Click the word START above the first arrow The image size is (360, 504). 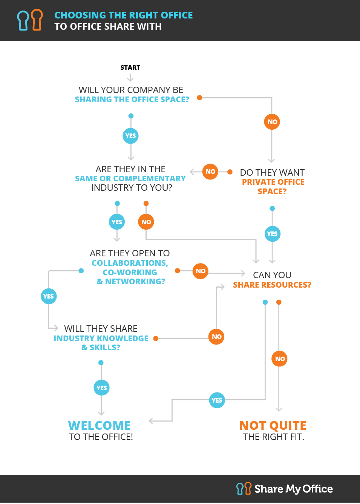(x=130, y=68)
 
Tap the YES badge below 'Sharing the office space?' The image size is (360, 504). (x=130, y=136)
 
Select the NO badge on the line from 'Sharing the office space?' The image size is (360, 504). (x=272, y=122)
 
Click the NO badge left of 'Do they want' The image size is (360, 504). (x=210, y=172)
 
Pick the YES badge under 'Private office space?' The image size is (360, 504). (x=272, y=234)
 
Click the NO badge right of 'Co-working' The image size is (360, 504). (x=201, y=271)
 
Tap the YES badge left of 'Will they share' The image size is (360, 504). (x=49, y=296)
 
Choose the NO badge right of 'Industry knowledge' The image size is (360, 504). (x=216, y=337)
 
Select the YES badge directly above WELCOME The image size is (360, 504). (x=101, y=388)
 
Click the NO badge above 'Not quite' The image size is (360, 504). (x=279, y=359)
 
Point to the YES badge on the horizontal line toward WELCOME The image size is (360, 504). (x=217, y=400)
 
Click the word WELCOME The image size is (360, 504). (x=100, y=426)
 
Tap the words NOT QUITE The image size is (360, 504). (x=273, y=426)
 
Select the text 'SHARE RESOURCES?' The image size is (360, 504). (x=272, y=285)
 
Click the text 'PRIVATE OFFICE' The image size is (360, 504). (x=273, y=182)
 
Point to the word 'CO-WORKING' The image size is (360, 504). (x=130, y=272)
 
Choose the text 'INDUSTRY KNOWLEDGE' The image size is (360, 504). (x=101, y=339)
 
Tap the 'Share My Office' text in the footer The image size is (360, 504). (x=294, y=489)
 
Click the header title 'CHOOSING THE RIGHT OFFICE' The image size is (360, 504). (x=124, y=15)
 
